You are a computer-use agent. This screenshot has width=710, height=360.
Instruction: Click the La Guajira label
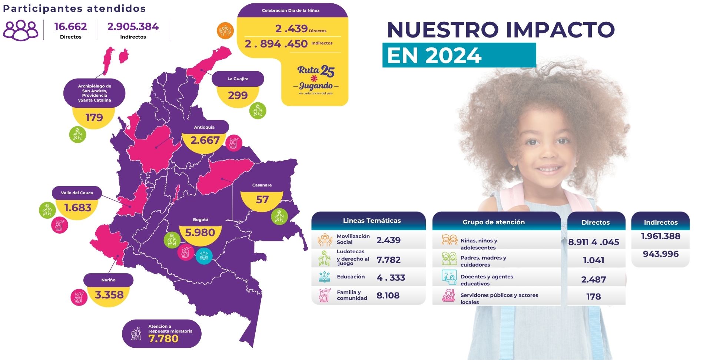click(238, 79)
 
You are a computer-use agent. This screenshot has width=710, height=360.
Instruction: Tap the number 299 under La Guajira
click(238, 96)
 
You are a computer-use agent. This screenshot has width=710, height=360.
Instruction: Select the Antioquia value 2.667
click(205, 141)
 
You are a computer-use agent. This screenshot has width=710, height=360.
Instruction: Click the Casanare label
click(262, 185)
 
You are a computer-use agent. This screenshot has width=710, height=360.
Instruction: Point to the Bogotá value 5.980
click(200, 233)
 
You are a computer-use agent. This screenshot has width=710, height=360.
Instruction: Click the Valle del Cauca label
click(77, 193)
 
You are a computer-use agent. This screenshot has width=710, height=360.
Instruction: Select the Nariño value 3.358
click(109, 295)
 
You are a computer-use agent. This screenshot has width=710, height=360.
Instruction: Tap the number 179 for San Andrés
click(94, 118)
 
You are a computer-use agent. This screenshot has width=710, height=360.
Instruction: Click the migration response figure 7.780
click(163, 338)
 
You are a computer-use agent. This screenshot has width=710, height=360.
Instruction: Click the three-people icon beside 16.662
click(21, 30)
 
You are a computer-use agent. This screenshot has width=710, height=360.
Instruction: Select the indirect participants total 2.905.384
click(133, 27)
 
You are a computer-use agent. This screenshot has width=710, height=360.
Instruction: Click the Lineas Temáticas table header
click(372, 221)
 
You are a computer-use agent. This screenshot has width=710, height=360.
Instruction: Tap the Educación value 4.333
click(391, 278)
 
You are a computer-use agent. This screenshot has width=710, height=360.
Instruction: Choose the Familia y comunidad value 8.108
click(388, 295)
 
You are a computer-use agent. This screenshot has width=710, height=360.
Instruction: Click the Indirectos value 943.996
click(661, 254)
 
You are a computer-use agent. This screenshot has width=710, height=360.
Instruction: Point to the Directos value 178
click(593, 297)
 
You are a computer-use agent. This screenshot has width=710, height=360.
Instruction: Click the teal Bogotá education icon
click(204, 255)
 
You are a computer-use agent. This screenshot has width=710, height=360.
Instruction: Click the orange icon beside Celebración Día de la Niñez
click(225, 30)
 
